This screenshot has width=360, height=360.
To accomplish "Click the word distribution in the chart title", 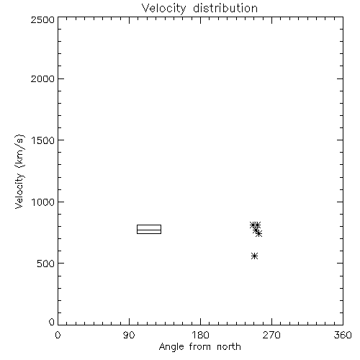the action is [225, 8].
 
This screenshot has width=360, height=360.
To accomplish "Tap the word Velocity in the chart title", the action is [163, 9].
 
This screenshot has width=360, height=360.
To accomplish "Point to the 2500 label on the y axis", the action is [42, 19].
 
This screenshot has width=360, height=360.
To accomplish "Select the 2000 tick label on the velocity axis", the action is [42, 78].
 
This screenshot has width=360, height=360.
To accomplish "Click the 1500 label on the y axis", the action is [43, 140].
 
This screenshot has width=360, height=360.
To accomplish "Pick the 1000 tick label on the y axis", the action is [43, 202].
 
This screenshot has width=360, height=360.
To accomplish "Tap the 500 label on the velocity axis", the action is [45, 264].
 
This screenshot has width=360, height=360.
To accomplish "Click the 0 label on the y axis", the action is [52, 322].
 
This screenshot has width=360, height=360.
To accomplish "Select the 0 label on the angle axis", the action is [58, 335].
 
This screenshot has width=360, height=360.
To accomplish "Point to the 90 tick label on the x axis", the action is [129, 335].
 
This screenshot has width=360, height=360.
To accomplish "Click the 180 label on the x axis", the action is [200, 335].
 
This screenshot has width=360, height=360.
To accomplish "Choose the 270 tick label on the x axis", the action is [271, 335].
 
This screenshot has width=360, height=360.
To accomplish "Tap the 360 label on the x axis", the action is [343, 335].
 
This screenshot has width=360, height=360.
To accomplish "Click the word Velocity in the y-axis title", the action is [19, 191].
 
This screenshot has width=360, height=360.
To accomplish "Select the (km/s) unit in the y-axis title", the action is [19, 151].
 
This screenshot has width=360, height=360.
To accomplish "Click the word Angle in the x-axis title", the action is [171, 347].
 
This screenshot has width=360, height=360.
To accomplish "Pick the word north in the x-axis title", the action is [229, 347].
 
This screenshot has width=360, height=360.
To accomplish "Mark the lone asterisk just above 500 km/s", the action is [254, 256].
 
